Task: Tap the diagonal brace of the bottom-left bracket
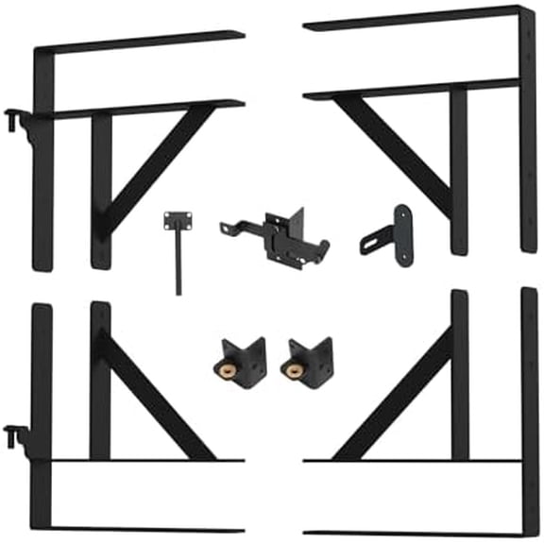156,397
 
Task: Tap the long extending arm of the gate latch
242,229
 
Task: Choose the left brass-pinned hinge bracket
240,363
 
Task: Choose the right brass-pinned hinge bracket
307,363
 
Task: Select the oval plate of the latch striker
402,235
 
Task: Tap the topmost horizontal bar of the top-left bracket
142,42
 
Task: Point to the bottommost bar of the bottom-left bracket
142,530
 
